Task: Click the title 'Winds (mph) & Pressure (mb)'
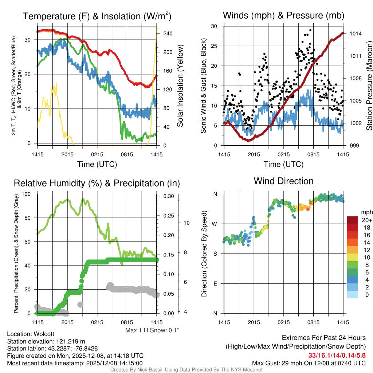tap(283, 15)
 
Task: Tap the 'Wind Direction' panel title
tap(283, 181)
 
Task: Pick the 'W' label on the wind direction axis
tap(215, 224)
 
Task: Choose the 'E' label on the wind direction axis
tap(216, 283)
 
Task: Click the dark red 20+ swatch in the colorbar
tap(353, 220)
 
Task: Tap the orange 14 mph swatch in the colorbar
tap(353, 242)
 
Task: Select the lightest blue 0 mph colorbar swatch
tap(353, 295)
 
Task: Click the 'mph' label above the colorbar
tap(366, 212)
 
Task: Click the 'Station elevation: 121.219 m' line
tap(46, 341)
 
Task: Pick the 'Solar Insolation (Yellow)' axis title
tap(180, 86)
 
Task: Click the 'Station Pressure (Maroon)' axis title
tap(369, 86)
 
